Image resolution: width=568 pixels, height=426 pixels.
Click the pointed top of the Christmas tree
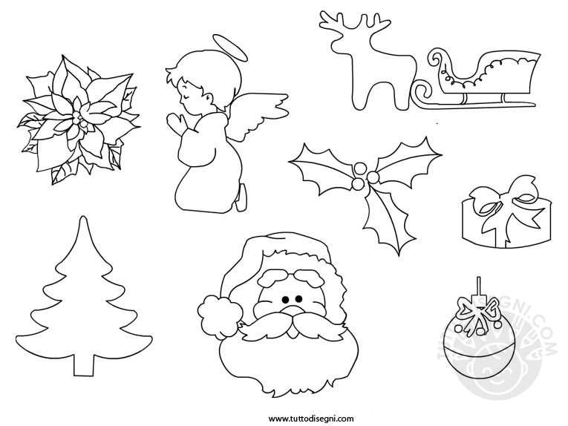pos(83,217)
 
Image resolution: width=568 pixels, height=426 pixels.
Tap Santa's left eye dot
pos(285,300)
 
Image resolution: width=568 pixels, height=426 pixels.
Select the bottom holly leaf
pos(388,220)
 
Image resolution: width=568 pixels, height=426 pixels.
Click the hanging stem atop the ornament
pos(479,288)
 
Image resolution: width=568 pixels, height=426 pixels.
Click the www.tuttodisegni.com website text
pos(311,419)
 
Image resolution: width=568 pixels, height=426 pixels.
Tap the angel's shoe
pos(241,198)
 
